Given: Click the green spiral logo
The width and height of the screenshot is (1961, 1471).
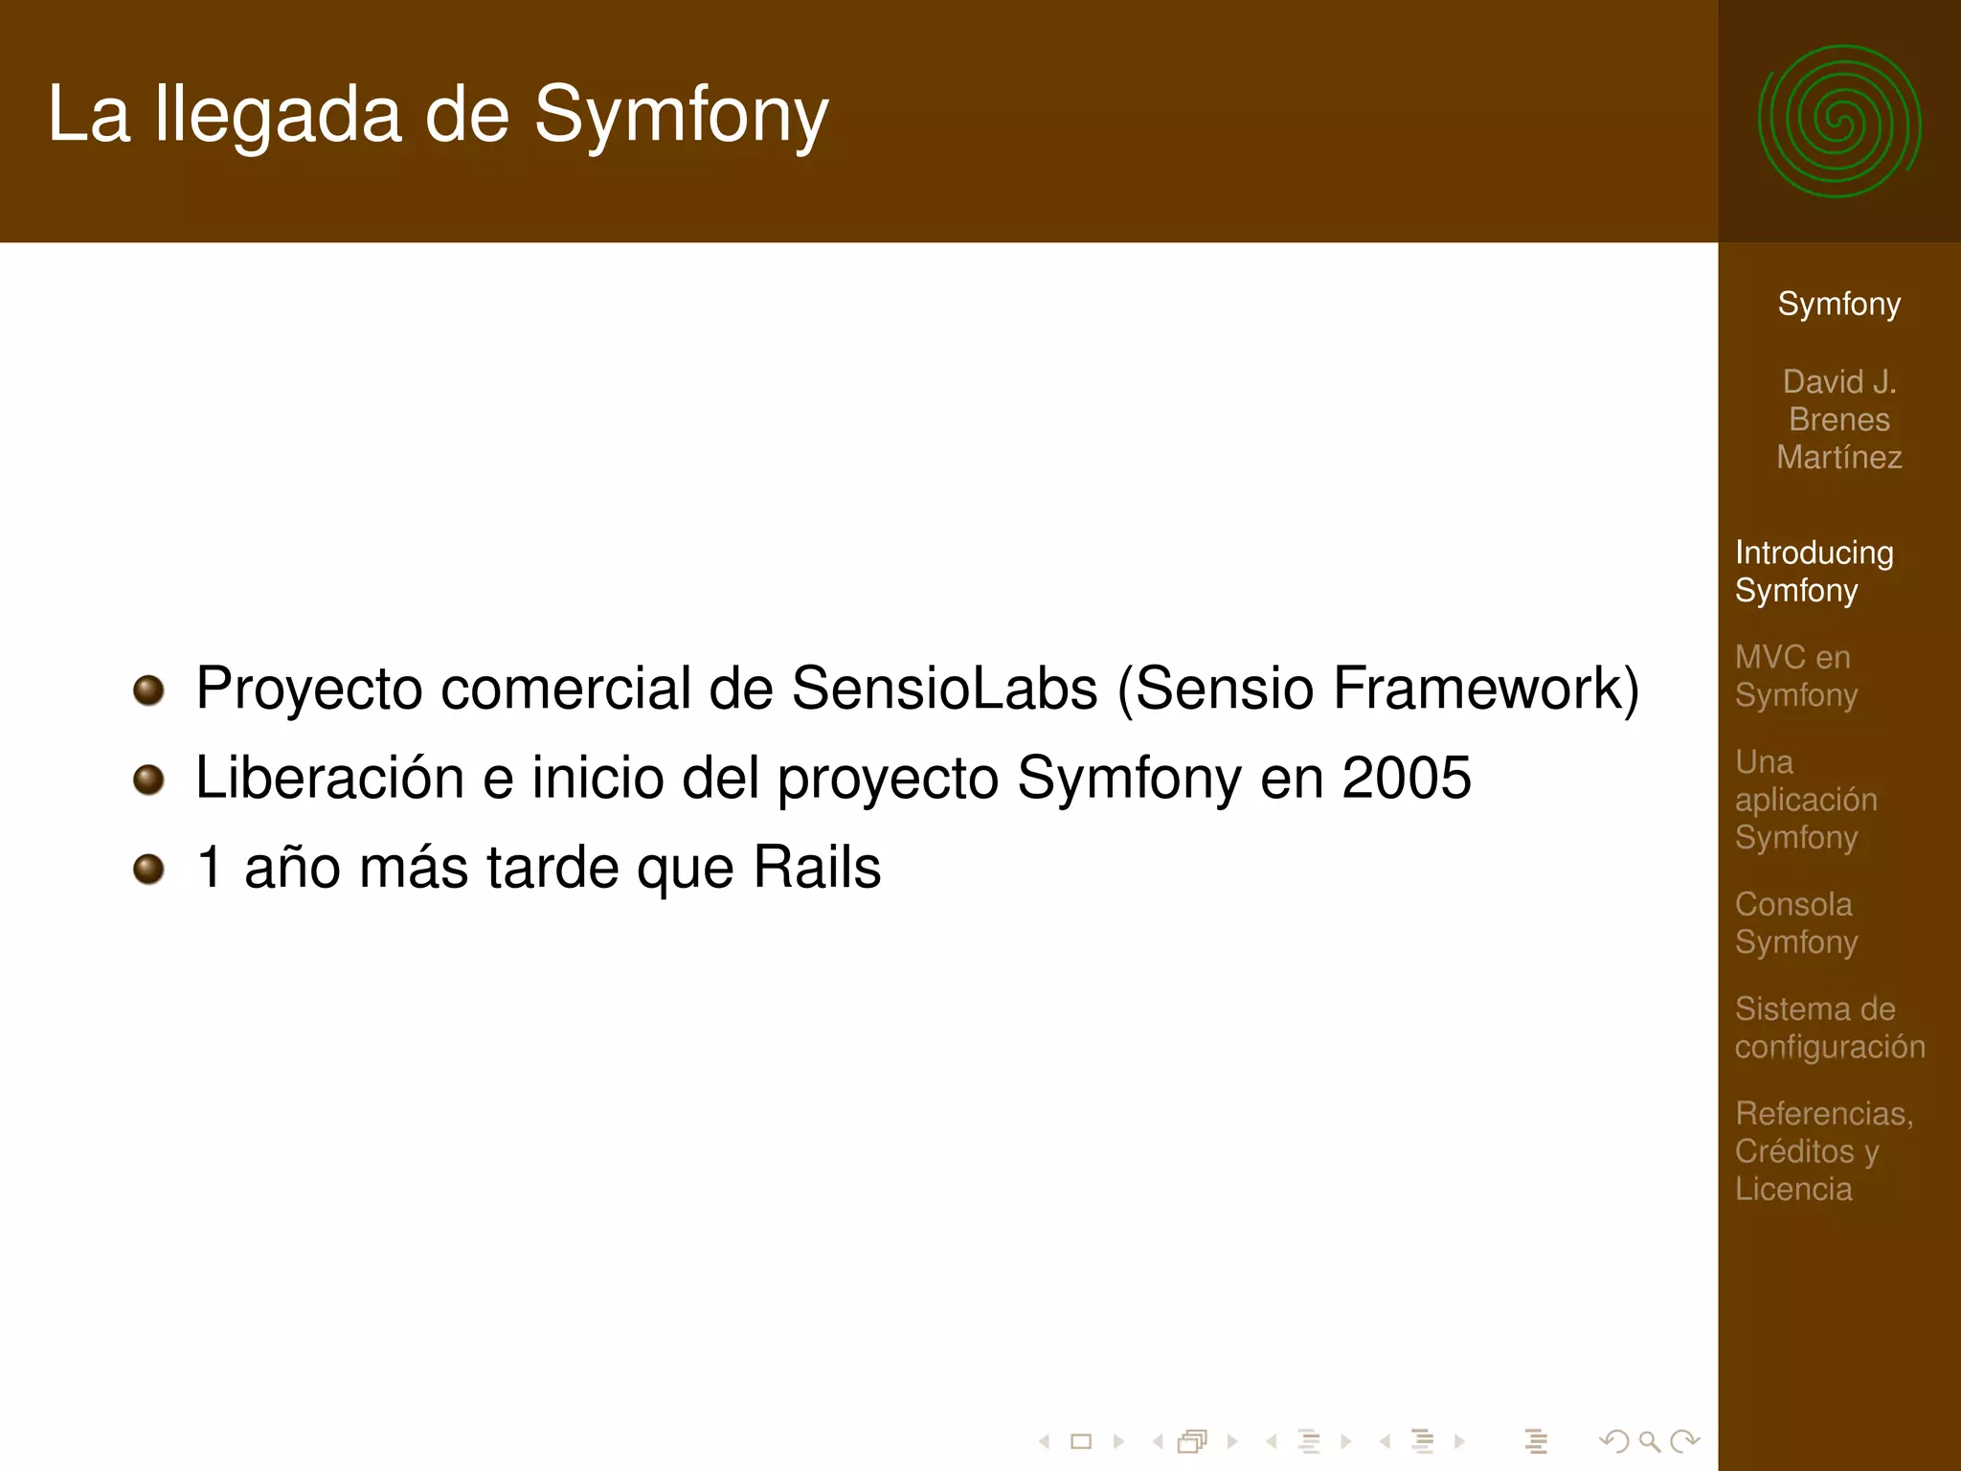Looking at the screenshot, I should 1838,122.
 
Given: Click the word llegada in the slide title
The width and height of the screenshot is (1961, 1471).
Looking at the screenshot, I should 278,115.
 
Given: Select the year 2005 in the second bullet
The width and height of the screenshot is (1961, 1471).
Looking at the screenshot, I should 1406,777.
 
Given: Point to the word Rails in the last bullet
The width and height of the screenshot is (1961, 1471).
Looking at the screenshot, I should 817,867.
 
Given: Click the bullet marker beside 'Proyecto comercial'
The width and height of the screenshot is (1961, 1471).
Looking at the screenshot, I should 148,690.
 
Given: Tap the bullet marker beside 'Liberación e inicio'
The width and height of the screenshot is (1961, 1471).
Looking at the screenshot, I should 148,779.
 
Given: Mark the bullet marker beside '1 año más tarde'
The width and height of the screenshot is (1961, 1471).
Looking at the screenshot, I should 148,869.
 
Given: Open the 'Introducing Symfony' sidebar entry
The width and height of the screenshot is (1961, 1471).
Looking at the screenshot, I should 1814,571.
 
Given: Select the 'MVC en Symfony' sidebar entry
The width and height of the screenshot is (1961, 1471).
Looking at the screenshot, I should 1795,675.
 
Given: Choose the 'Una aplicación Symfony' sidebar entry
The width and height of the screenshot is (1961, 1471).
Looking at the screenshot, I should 1805,799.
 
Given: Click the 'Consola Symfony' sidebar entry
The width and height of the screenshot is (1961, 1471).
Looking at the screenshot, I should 1795,922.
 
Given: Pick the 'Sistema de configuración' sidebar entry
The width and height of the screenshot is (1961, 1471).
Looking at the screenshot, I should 1829,1027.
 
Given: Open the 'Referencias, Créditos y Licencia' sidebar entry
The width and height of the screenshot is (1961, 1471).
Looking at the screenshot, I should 1823,1150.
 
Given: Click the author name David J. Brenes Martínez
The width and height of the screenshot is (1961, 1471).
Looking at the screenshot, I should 1838,419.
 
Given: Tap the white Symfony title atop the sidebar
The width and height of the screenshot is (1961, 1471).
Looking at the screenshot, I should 1838,304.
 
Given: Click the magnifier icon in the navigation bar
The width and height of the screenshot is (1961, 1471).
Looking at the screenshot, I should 1649,1440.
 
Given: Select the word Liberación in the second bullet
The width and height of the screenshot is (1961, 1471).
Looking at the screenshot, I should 329,777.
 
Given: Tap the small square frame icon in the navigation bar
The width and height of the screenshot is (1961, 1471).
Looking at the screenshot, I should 1081,1440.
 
